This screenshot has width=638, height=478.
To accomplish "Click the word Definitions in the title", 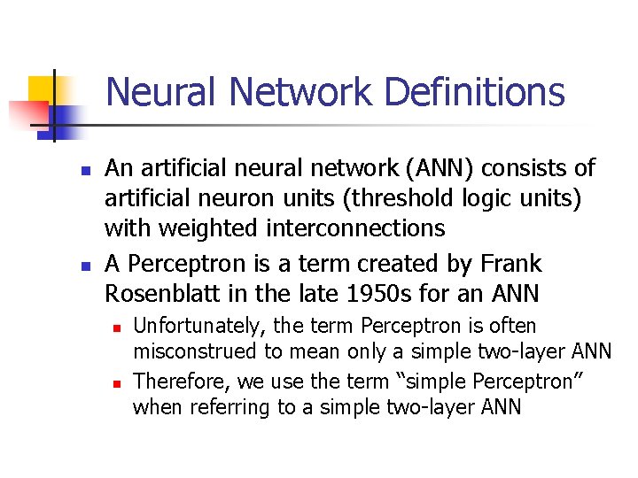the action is point(461,92).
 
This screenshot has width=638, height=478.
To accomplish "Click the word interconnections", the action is point(354,228).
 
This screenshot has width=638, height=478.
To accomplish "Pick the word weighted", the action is point(208,228).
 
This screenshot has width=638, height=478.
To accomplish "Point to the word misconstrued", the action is point(196,351).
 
